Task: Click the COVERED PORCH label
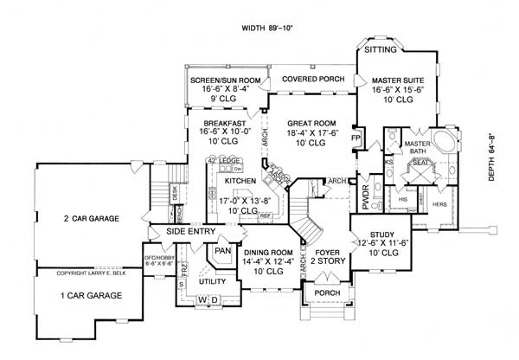tap(311, 79)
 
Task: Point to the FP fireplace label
tap(355, 138)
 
